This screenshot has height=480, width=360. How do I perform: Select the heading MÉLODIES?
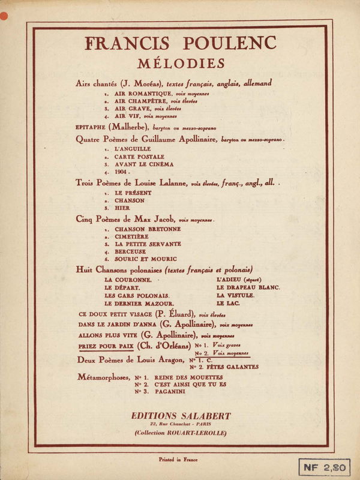(180, 63)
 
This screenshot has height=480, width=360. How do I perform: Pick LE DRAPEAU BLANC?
(248, 287)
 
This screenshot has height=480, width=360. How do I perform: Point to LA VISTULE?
(236, 296)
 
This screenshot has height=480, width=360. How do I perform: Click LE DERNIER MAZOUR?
(139, 304)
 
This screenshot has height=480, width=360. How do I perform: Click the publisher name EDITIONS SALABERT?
(180, 416)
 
